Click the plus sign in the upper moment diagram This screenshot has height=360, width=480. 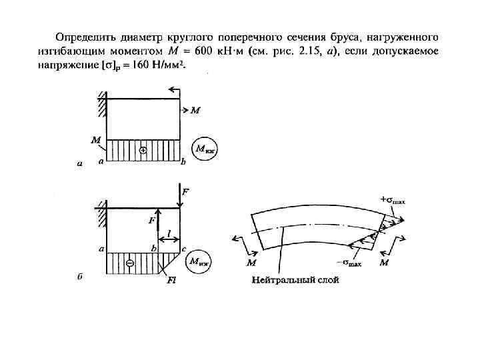(x=143, y=151)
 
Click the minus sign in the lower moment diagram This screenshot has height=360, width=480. (x=129, y=263)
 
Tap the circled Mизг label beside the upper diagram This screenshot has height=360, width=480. (x=204, y=149)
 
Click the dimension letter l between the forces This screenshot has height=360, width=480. (x=169, y=233)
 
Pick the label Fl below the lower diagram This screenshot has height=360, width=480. (x=171, y=281)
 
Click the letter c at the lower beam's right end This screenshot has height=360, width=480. (x=183, y=249)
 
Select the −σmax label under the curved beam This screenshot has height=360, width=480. (x=347, y=264)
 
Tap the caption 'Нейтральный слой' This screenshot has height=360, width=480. (x=295, y=280)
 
